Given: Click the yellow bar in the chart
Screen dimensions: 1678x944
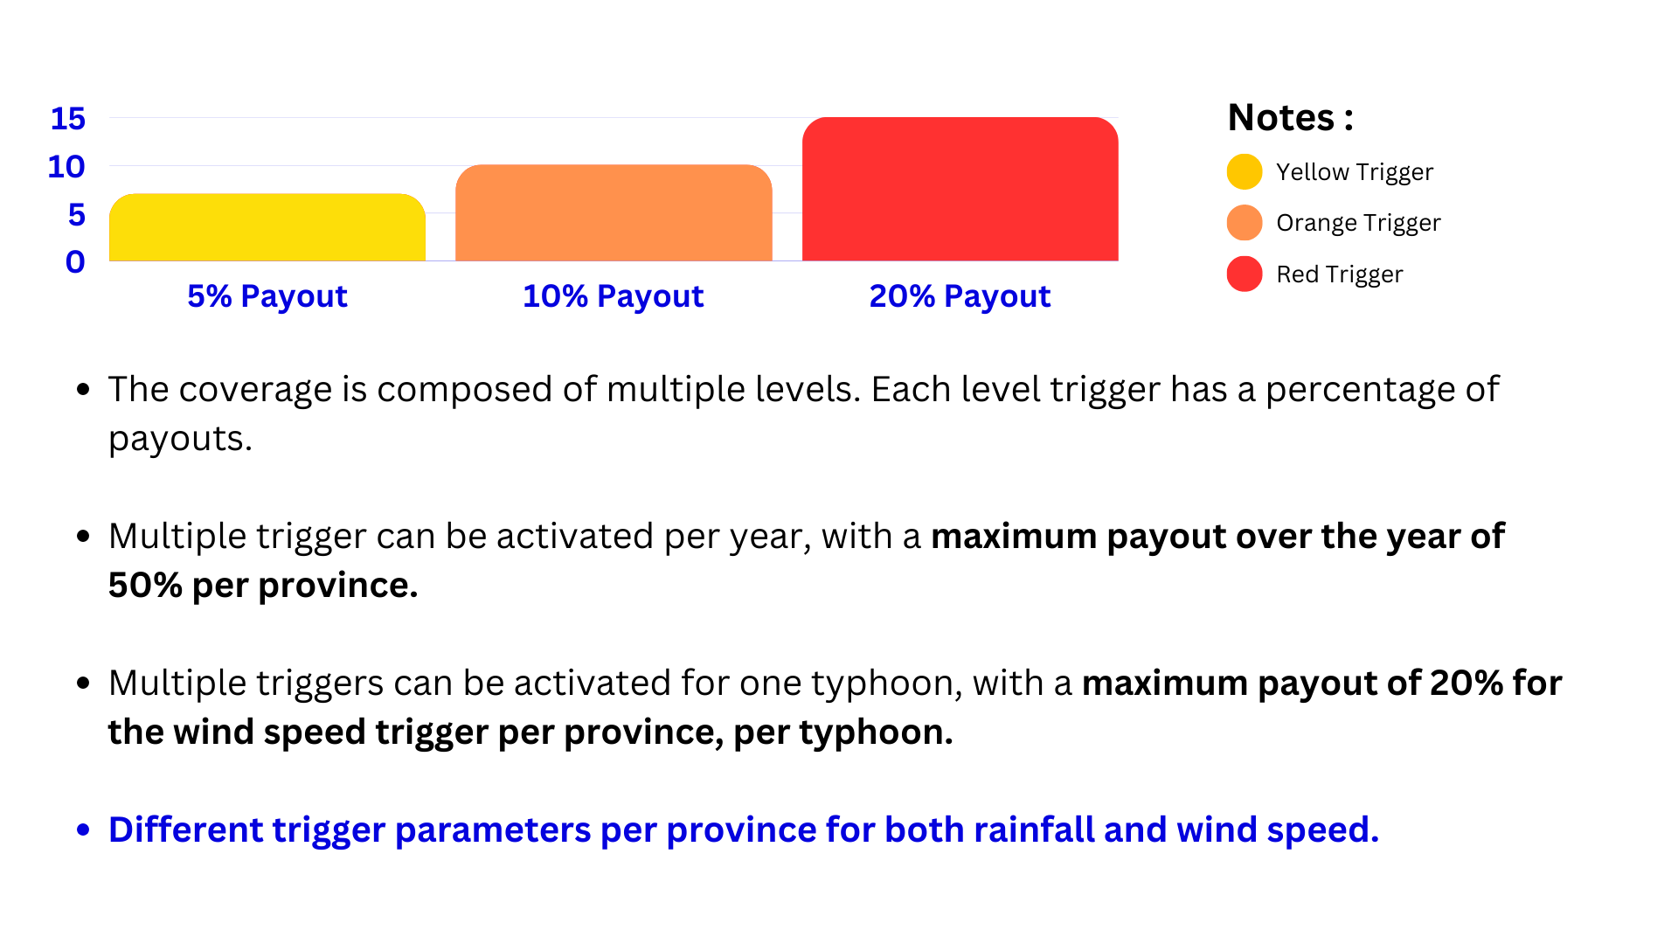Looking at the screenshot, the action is pyautogui.click(x=267, y=227).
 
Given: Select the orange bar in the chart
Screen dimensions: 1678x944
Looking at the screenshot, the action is pyautogui.click(x=614, y=212).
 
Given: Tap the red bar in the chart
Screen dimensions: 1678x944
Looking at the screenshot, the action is pyautogui.click(x=960, y=189).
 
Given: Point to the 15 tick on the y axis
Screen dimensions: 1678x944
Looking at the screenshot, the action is pyautogui.click(x=68, y=119).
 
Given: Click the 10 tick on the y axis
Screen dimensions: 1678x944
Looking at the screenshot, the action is pyautogui.click(x=66, y=167).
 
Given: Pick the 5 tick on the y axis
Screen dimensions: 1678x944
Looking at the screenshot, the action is pyautogui.click(x=77, y=215).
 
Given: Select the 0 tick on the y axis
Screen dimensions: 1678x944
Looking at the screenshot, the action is pyautogui.click(x=76, y=262).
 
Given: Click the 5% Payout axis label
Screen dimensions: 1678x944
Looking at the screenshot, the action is pyautogui.click(x=267, y=296).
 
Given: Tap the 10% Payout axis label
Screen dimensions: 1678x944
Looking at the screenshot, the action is pyautogui.click(x=614, y=296).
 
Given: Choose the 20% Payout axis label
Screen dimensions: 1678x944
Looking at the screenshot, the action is pyautogui.click(x=960, y=296).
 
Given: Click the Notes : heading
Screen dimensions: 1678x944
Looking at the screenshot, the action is pyautogui.click(x=1291, y=117).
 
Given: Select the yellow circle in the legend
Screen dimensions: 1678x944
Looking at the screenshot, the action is pyautogui.click(x=1245, y=171).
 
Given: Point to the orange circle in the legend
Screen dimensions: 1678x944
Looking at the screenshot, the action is pyautogui.click(x=1245, y=222).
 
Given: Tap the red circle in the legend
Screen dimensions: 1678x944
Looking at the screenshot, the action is pyautogui.click(x=1245, y=274).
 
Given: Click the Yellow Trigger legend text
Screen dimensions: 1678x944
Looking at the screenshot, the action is pyautogui.click(x=1355, y=172).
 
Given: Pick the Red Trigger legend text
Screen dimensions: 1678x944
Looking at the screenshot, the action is pyautogui.click(x=1340, y=274).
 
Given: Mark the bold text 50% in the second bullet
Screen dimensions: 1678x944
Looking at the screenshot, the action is pyautogui.click(x=145, y=585).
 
